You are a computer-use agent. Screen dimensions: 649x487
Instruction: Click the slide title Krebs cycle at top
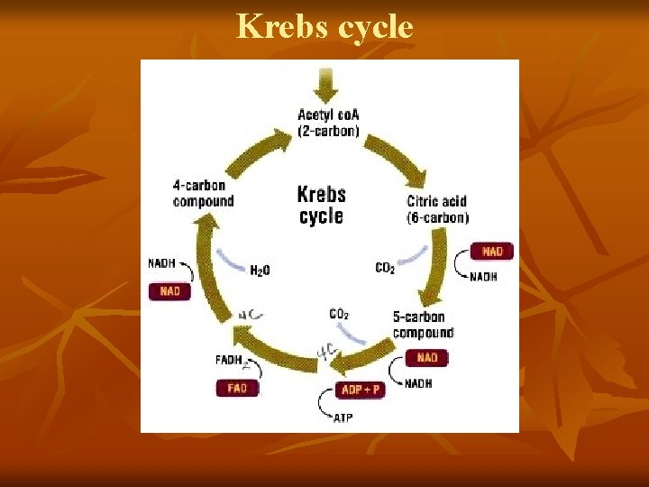tap(324, 27)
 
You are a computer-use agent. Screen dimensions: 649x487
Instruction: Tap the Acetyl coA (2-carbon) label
tap(328, 123)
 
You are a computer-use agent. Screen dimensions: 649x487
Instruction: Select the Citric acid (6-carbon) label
tap(437, 209)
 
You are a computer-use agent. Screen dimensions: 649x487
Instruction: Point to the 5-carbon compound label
tap(423, 325)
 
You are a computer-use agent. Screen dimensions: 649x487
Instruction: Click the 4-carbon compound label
tap(203, 194)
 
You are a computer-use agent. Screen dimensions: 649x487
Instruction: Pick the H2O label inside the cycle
tap(260, 270)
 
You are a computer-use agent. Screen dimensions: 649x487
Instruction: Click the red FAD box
tap(237, 388)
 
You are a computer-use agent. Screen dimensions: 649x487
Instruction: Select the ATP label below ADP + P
tap(343, 418)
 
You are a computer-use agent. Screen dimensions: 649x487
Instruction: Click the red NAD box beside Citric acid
tap(492, 252)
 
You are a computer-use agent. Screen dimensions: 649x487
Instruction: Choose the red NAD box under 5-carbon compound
tap(426, 358)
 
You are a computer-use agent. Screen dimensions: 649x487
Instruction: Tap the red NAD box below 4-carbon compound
tap(169, 291)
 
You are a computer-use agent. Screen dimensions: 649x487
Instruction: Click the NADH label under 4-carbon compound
tap(163, 263)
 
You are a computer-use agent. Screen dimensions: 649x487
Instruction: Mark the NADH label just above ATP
tap(418, 383)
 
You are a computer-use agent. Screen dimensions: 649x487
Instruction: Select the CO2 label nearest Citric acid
tap(385, 268)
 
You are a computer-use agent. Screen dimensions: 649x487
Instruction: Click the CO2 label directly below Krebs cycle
tap(339, 314)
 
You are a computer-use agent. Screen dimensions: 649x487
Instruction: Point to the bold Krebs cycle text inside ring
tap(322, 205)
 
